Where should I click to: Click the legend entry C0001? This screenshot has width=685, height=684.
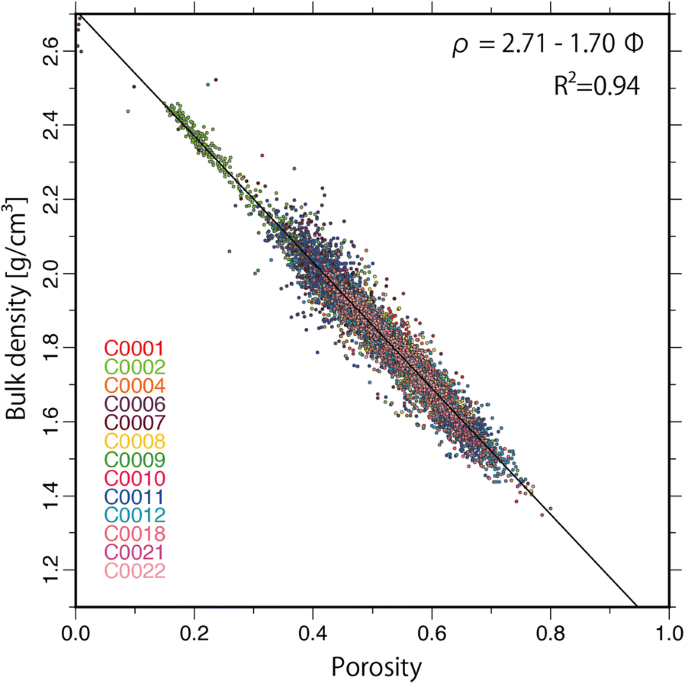point(135,349)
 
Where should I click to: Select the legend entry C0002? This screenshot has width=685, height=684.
point(135,367)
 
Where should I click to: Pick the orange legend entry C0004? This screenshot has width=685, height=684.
point(135,386)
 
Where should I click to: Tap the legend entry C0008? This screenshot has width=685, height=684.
point(135,441)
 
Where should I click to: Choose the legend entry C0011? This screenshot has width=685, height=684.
point(135,497)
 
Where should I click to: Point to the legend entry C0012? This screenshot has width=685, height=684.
point(135,515)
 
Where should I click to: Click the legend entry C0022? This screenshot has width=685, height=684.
point(135,571)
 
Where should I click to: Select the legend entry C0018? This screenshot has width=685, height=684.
point(135,534)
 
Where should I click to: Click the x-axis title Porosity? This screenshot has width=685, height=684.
point(372,664)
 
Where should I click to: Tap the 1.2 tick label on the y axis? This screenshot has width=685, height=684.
point(47,570)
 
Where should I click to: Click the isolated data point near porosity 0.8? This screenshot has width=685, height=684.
point(549,509)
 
